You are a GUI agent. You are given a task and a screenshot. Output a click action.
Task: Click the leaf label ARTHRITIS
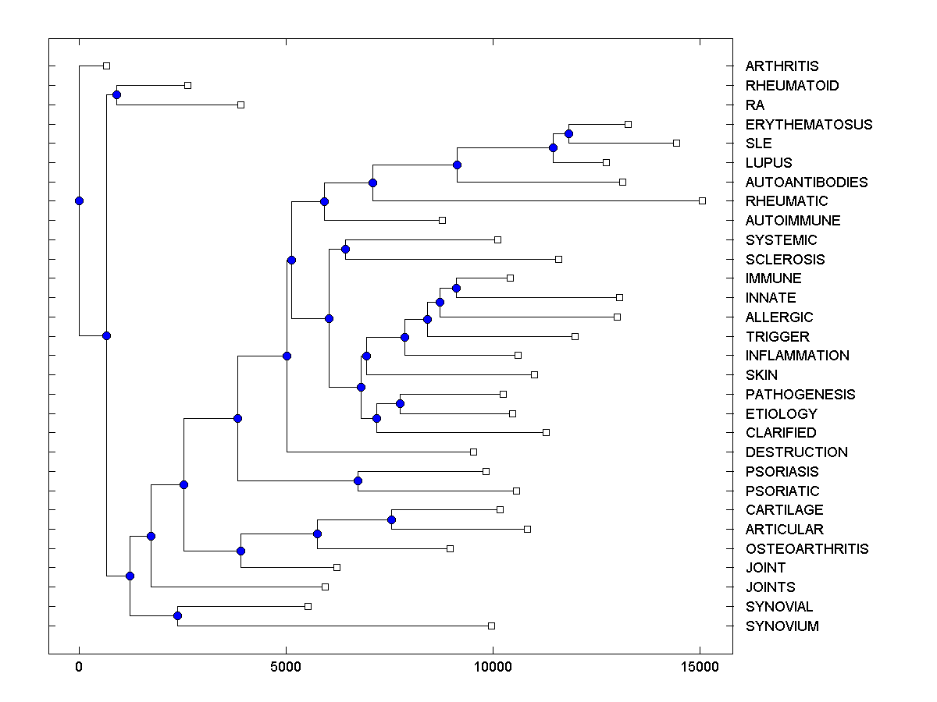782,66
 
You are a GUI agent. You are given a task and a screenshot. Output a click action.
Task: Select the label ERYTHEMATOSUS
809,125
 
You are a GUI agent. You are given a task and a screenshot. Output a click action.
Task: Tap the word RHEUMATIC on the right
786,201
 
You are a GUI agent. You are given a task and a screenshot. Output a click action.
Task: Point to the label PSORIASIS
782,472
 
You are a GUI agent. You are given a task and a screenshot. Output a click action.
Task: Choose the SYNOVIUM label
782,626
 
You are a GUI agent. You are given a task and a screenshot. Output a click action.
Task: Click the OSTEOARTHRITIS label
807,549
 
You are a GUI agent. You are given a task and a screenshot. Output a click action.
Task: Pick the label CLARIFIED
781,433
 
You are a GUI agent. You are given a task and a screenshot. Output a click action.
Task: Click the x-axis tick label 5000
286,667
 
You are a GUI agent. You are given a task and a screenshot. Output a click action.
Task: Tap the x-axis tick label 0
79,667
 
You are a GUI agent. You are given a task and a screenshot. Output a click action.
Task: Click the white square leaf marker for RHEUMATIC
702,201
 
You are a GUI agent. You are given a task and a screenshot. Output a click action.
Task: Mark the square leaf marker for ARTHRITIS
107,66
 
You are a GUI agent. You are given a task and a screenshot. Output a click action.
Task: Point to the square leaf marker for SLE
677,143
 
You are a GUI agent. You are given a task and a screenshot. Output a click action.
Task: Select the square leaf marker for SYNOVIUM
491,626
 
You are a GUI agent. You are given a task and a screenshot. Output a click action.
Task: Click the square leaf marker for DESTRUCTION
473,452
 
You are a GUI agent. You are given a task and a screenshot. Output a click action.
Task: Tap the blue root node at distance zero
79,201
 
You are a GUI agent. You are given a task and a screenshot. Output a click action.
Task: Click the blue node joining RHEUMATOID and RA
116,95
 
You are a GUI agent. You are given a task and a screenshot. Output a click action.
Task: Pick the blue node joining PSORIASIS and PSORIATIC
358,480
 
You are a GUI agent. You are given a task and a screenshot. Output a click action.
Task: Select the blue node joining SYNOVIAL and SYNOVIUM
177,616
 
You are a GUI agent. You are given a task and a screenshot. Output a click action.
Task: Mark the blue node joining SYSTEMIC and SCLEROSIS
345,250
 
